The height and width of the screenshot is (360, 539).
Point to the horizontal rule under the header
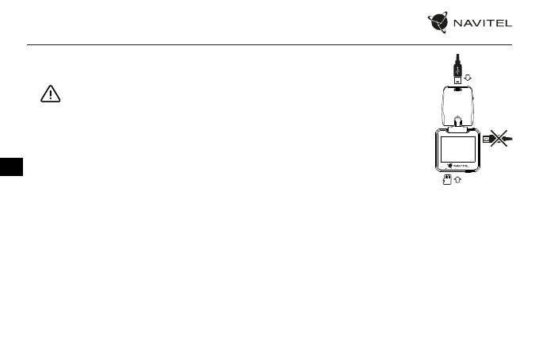pyautogui.click(x=269, y=44)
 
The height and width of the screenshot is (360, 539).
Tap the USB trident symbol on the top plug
pyautogui.click(x=459, y=67)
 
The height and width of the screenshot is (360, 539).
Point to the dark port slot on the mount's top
pyautogui.click(x=459, y=90)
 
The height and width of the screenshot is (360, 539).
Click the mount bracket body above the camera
pyautogui.click(x=459, y=106)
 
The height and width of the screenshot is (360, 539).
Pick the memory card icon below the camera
pyautogui.click(x=447, y=181)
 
